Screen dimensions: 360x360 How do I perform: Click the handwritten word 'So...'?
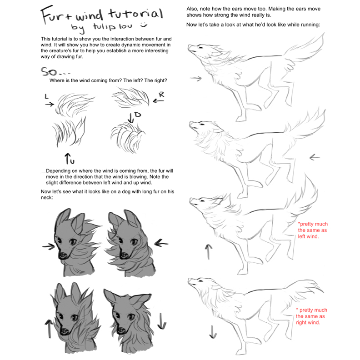tap(55, 71)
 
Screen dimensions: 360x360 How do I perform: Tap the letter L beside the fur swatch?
tap(46, 96)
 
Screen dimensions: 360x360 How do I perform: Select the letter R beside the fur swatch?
tap(161, 95)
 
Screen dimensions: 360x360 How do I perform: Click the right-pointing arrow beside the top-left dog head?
tap(48, 245)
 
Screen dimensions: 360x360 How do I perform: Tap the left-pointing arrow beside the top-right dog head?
tap(161, 242)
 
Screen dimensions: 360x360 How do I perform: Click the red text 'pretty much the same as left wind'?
tap(312, 230)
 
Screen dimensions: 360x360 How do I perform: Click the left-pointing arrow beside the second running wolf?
tap(314, 158)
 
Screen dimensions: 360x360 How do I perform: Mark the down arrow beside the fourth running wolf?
tap(212, 332)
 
